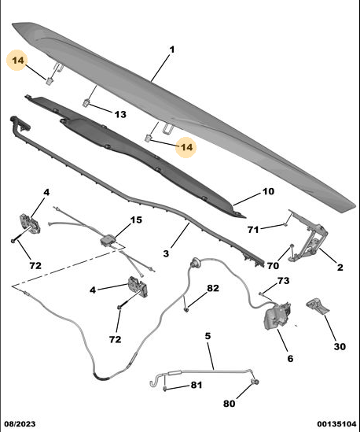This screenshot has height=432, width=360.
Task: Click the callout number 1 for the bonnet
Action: (x=172, y=50)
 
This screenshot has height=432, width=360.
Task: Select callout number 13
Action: (x=120, y=114)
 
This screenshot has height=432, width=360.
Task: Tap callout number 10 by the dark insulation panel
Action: (x=268, y=191)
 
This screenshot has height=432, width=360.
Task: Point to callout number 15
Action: (x=136, y=220)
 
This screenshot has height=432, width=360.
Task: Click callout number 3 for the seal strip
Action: (x=166, y=253)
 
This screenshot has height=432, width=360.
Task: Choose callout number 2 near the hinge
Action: (x=340, y=268)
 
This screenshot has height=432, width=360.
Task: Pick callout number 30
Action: (x=340, y=346)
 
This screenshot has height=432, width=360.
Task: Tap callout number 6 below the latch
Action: (x=290, y=359)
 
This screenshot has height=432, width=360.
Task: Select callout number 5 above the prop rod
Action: (x=208, y=336)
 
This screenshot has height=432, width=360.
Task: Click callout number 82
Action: (x=213, y=288)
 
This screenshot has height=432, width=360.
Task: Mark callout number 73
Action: (x=283, y=281)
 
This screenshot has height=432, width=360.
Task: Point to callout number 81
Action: (x=197, y=385)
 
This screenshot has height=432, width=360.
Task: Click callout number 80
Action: (x=229, y=404)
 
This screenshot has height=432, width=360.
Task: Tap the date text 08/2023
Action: (x=20, y=423)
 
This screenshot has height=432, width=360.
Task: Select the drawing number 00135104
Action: (x=336, y=423)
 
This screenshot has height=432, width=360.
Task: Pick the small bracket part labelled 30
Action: (x=318, y=306)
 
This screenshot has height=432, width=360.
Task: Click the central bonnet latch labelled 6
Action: (x=277, y=316)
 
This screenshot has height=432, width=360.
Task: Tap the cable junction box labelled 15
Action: (x=108, y=240)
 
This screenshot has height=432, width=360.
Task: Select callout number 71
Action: (x=253, y=230)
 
